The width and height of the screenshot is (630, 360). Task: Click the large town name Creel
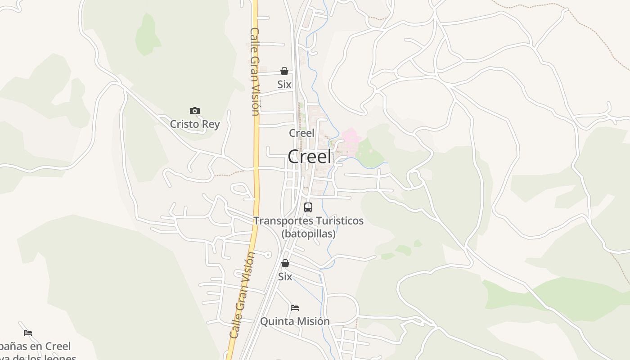(x=310, y=157)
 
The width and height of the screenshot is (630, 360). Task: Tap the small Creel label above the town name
(x=301, y=133)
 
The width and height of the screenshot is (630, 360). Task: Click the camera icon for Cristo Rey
(x=195, y=111)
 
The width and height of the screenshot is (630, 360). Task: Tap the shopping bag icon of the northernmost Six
(x=284, y=71)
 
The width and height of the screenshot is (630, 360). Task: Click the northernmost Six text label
(x=284, y=85)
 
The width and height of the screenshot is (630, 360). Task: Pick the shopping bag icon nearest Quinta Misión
(x=285, y=263)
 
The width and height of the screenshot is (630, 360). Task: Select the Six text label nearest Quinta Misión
(x=285, y=277)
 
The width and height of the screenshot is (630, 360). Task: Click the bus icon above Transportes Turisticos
(x=308, y=207)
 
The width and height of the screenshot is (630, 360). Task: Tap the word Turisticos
(x=339, y=221)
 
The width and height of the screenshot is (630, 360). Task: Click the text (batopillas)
(x=309, y=234)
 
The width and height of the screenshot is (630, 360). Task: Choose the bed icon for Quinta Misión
(x=295, y=308)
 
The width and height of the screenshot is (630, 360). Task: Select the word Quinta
(x=275, y=321)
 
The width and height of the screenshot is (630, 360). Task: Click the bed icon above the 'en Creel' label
(x=28, y=333)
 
